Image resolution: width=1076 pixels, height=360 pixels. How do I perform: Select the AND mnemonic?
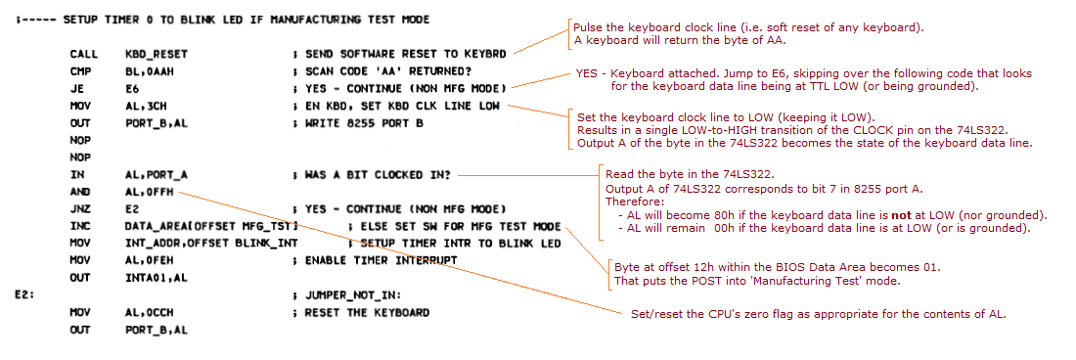[x=81, y=192]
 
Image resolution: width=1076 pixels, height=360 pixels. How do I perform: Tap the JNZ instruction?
[x=81, y=209]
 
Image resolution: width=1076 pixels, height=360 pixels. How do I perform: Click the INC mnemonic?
[x=81, y=226]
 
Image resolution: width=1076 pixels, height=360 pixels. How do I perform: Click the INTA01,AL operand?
[x=157, y=278]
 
